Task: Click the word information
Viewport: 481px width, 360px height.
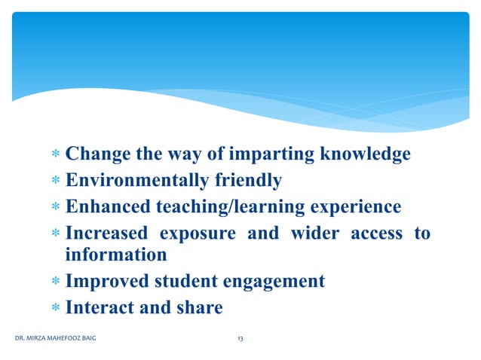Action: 116,255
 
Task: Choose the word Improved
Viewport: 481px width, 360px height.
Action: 103,282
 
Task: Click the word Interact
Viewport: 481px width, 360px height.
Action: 97,308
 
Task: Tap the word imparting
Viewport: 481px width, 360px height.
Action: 280,155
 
